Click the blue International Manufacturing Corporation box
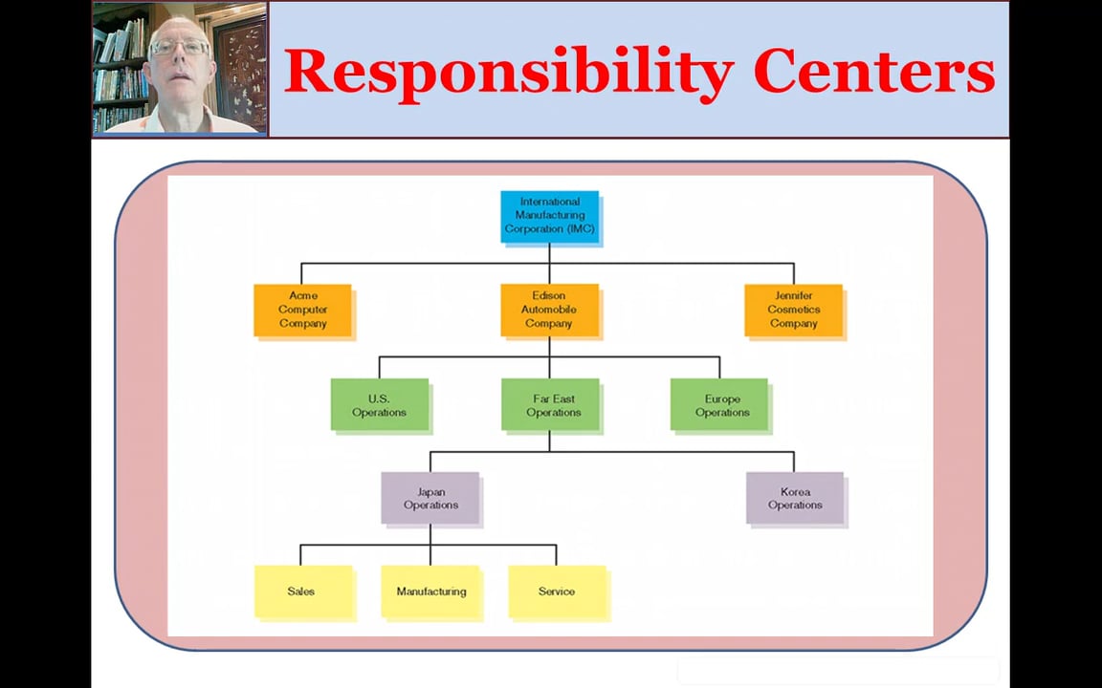(x=549, y=216)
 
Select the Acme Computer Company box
(x=302, y=310)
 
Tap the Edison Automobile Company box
(x=549, y=310)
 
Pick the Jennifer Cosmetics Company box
(x=793, y=310)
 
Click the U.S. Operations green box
(x=379, y=405)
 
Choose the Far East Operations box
(x=551, y=405)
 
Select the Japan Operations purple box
(x=430, y=498)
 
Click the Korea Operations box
(x=794, y=498)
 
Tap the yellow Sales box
(x=302, y=591)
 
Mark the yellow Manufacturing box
(x=430, y=591)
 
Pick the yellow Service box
(x=557, y=591)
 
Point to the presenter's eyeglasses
(x=179, y=47)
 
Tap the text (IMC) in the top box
(x=580, y=229)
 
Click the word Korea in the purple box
(x=795, y=492)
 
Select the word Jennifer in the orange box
(x=794, y=296)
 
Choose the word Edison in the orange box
(x=549, y=296)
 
